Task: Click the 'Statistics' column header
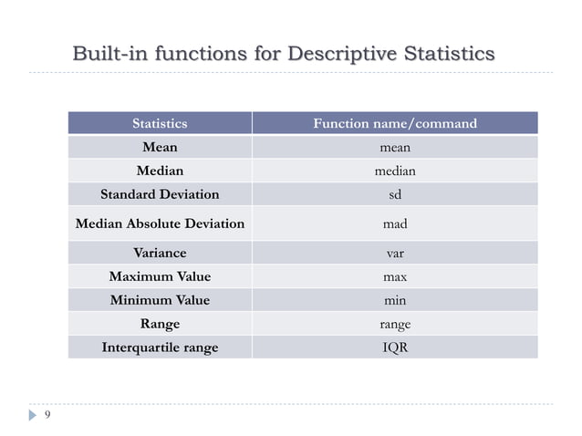coord(160,123)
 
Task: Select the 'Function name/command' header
coord(395,123)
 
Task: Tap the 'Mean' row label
coord(160,147)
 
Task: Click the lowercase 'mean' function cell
coord(395,147)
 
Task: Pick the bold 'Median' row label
coord(160,171)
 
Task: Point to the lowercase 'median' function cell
coord(395,171)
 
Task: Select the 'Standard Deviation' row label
coord(160,194)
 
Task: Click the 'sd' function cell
coord(395,194)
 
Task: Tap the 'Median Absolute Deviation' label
coord(160,223)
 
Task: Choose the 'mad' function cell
coord(395,223)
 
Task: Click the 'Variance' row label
coord(160,253)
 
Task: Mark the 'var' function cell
coord(395,253)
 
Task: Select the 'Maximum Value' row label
coord(160,276)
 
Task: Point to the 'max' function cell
coord(395,276)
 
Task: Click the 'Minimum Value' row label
coord(160,300)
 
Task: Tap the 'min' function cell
coord(395,300)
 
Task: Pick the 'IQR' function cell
coord(395,348)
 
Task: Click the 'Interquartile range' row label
coord(160,348)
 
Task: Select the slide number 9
coord(47,416)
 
